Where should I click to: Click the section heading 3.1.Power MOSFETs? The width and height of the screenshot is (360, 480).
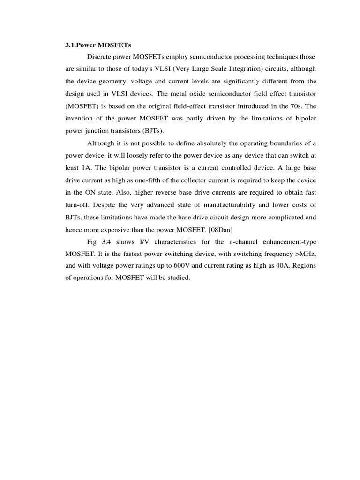(x=98, y=45)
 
